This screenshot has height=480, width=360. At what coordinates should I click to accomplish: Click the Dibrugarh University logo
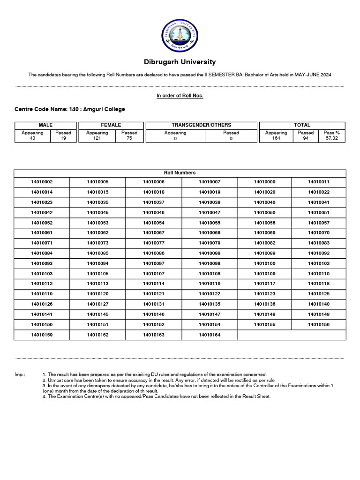[x=180, y=36]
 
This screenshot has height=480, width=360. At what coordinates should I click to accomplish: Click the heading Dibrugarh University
[x=180, y=62]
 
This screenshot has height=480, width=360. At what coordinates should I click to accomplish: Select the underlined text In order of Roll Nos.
[x=180, y=96]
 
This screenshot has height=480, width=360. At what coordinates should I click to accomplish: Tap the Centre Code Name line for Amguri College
[x=70, y=109]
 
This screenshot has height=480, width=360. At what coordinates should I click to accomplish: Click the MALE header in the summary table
[x=45, y=125]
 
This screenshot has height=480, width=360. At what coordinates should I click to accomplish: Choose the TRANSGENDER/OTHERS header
[x=202, y=125]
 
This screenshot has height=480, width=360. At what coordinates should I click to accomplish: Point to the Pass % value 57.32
[x=332, y=138]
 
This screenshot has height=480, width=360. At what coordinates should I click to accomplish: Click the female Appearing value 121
[x=97, y=138]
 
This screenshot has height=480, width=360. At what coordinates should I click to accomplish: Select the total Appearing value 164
[x=276, y=138]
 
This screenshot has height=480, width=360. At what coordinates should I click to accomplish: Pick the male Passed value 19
[x=63, y=138]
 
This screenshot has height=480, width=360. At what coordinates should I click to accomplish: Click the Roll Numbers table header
[x=180, y=173]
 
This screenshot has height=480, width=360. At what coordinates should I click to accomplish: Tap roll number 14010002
[x=42, y=182]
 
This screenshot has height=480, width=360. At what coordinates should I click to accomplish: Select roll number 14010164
[x=210, y=335]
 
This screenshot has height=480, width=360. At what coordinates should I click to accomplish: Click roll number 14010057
[x=319, y=223]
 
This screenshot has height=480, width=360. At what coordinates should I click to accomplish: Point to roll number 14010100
[x=265, y=263]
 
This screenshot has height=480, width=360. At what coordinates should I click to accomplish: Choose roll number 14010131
[x=154, y=304]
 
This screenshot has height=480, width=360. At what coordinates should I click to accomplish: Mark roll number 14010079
[x=210, y=243]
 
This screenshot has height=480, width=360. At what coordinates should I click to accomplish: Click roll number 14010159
[x=42, y=335]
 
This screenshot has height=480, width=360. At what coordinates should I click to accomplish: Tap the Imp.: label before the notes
[x=20, y=375]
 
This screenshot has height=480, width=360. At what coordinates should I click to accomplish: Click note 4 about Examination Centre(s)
[x=157, y=397]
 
